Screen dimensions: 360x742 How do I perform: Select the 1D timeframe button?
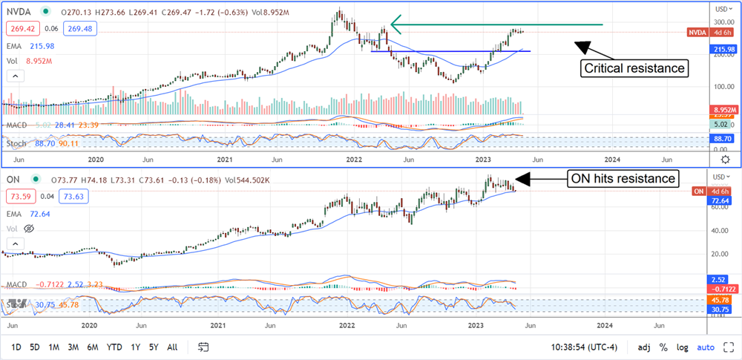[17, 347]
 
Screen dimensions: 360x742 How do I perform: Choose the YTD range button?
[114, 347]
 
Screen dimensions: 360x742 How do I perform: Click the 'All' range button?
[172, 347]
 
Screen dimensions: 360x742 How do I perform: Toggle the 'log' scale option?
[682, 347]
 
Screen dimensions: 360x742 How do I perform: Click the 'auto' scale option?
[706, 347]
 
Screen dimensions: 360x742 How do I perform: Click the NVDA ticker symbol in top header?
[18, 12]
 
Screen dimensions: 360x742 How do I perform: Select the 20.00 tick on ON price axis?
[718, 254]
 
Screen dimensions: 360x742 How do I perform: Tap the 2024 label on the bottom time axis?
[604, 325]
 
